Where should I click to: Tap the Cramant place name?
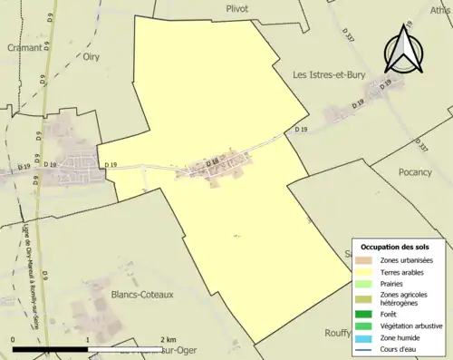click(x=24, y=49)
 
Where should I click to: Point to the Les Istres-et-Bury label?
click(x=329, y=74)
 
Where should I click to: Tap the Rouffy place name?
click(x=338, y=332)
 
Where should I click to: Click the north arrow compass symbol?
click(x=405, y=51)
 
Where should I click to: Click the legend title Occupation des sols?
click(x=397, y=247)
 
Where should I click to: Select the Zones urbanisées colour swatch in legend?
click(x=362, y=260)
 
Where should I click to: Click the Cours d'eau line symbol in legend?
click(x=362, y=348)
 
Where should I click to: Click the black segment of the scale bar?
click(x=50, y=349)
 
